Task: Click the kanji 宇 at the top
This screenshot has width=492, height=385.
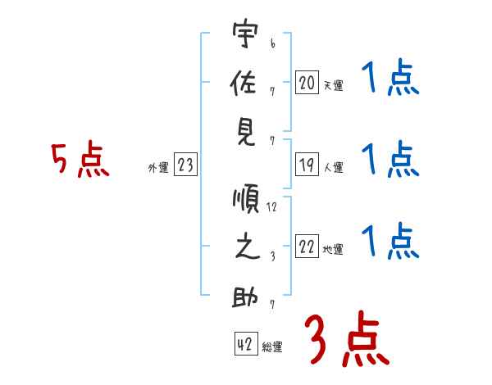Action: pyautogui.click(x=245, y=34)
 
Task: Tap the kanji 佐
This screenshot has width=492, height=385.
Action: pyautogui.click(x=244, y=83)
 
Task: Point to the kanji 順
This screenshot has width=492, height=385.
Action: pyautogui.click(x=246, y=198)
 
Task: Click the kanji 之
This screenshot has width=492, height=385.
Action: pyautogui.click(x=247, y=247)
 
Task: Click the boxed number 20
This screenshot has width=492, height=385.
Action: pyautogui.click(x=307, y=82)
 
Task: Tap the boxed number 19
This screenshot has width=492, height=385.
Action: pyautogui.click(x=307, y=165)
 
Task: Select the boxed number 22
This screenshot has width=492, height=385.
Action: pyautogui.click(x=307, y=246)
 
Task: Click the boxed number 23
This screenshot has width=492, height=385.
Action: pyautogui.click(x=185, y=164)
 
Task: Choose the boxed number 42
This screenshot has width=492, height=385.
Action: pyautogui.click(x=246, y=344)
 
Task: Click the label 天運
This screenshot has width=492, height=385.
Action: pyautogui.click(x=333, y=85)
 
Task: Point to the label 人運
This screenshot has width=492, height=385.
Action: pyautogui.click(x=334, y=167)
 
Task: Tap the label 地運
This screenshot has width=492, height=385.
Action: pyautogui.click(x=333, y=250)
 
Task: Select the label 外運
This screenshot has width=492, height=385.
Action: pyautogui.click(x=158, y=168)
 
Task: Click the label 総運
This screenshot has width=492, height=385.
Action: pyautogui.click(x=272, y=347)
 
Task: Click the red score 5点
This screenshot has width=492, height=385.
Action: pyautogui.click(x=80, y=159)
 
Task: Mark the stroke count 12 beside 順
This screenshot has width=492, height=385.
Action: pyautogui.click(x=271, y=207)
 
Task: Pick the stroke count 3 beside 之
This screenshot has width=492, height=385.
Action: pyautogui.click(x=273, y=256)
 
